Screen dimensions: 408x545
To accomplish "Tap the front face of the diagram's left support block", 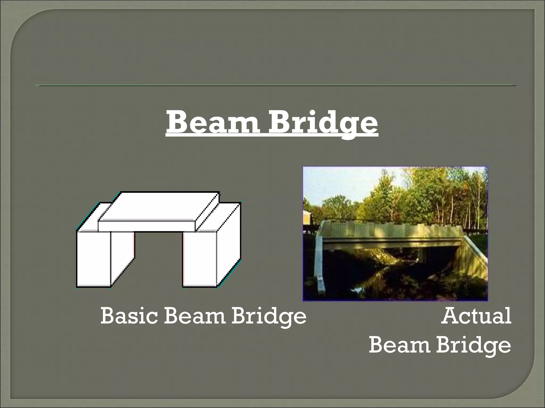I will point(94,259).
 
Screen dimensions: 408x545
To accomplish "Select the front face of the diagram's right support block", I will point(200,259).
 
